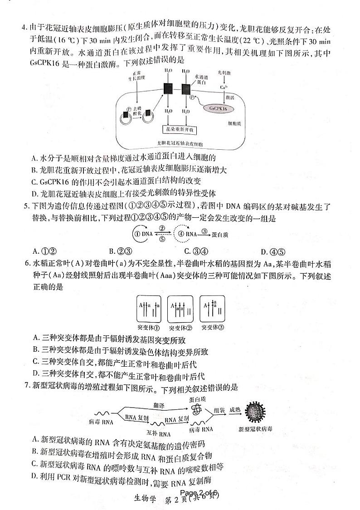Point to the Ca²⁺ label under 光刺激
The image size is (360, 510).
click(224, 87)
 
